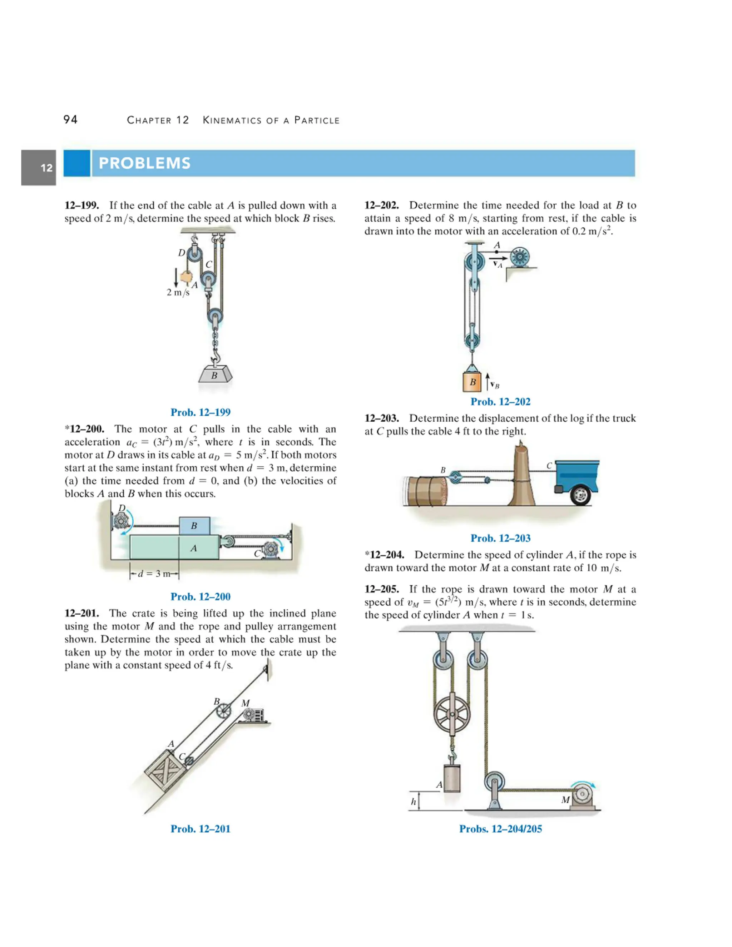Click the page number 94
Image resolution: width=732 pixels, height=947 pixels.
tap(70, 120)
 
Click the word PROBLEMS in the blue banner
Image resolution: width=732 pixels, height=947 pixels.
tap(144, 163)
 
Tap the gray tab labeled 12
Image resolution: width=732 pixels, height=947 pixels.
tap(39, 168)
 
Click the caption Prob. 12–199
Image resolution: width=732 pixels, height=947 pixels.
tap(201, 412)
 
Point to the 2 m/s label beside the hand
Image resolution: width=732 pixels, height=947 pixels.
tap(178, 292)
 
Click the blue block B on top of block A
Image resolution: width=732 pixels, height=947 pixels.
tap(194, 526)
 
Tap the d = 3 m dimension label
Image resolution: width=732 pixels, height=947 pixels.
tap(154, 574)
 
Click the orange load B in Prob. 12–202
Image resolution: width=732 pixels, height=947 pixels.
tap(472, 382)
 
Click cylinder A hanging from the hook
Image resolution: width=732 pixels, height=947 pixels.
tap(451, 778)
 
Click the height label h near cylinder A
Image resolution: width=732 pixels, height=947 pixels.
tap(413, 802)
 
